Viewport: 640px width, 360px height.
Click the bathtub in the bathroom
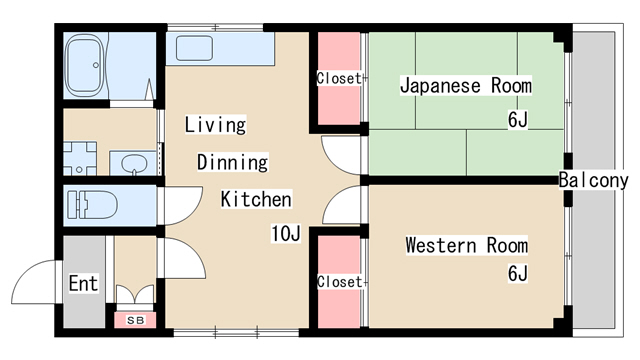85,65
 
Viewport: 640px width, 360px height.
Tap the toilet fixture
92,205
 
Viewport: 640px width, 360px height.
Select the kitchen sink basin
194,48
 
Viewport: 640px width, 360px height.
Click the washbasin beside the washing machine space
134,164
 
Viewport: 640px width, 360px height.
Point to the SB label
136,320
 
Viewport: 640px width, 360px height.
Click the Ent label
83,283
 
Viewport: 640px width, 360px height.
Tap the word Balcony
593,180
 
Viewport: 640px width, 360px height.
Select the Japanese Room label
466,86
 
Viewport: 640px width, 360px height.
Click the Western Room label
467,245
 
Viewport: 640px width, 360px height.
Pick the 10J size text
286,233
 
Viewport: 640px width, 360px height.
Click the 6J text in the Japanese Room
518,120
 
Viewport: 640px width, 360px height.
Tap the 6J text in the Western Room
518,273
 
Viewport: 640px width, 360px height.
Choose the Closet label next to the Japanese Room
339,78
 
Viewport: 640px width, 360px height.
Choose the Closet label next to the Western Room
340,282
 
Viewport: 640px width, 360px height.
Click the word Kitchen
256,199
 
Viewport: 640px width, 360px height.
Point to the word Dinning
233,162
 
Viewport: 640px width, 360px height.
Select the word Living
215,124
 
